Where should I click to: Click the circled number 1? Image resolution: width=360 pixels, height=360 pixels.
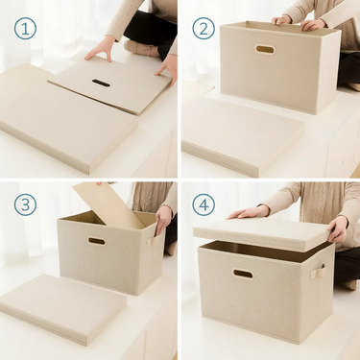click(25, 29)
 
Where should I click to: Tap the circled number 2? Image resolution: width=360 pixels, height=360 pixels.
click(204, 29)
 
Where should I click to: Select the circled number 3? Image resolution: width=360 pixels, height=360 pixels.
click(25, 204)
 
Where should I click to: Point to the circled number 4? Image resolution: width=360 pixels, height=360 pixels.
click(204, 204)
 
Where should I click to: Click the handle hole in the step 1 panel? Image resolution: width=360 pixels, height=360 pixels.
click(101, 84)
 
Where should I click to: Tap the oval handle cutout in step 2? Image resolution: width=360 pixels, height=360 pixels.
click(265, 50)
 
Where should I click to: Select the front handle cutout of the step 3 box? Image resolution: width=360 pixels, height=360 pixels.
click(97, 241)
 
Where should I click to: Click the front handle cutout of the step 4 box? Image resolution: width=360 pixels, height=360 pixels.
click(243, 275)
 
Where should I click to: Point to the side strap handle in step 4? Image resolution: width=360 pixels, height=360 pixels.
click(317, 273)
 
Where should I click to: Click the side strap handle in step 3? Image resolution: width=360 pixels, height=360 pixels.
click(153, 241)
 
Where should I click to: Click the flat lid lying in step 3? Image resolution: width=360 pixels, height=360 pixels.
click(63, 308)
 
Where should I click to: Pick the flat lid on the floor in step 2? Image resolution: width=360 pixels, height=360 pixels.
click(242, 134)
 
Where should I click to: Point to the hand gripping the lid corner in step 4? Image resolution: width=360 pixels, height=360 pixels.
click(337, 228)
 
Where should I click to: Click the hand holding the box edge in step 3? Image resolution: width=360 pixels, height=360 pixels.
click(163, 220)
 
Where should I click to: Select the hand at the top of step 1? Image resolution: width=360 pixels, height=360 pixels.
click(100, 49)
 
